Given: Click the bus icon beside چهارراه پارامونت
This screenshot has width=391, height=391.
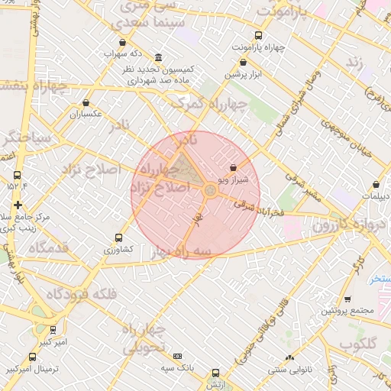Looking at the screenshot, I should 258,35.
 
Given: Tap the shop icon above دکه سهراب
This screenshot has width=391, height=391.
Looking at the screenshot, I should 123,43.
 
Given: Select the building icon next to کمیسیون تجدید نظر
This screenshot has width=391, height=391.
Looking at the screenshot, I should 158,58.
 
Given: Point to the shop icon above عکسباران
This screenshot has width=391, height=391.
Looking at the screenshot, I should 86,102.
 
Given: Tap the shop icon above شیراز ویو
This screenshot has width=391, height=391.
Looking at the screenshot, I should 233,167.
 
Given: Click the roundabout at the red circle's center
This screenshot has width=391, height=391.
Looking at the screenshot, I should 209,190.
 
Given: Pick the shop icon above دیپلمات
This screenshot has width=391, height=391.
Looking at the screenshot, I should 376,184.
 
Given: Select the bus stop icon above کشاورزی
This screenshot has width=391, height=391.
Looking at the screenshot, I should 118,238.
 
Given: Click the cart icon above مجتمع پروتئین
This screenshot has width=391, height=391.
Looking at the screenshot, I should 347,299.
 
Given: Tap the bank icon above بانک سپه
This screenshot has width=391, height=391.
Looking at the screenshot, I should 178,356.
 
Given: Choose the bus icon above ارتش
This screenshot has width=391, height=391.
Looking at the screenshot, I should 215,373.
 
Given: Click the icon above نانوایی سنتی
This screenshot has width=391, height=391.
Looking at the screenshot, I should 289,358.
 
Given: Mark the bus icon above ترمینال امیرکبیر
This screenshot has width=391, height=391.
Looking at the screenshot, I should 32,357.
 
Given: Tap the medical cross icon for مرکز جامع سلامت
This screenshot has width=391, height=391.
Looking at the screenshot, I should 18,205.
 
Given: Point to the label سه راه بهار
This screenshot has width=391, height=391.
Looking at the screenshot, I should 180,251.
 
